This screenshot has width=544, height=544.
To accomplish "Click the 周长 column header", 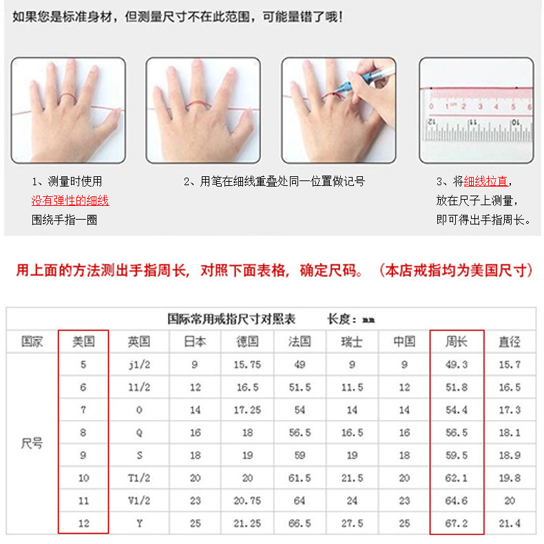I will [457, 342].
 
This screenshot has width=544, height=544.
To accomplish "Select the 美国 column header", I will [83, 342].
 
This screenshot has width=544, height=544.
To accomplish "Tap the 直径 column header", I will [510, 342].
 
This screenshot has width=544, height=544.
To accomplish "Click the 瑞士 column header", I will [352, 342].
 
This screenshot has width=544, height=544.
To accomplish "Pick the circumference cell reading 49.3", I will [457, 365].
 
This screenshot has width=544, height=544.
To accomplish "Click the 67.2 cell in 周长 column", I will [457, 523].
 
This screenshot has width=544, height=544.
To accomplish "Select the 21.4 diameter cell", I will [510, 523].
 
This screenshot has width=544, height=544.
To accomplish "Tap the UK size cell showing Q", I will [139, 433].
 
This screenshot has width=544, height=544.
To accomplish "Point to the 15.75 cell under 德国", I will [247, 365].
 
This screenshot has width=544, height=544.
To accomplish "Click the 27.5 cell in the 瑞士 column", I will [352, 523].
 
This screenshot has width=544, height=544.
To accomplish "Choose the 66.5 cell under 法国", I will [300, 523].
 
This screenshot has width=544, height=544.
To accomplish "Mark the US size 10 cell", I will [83, 478].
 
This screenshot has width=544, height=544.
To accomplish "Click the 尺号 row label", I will [32, 444].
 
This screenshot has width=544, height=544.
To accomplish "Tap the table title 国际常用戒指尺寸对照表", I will [231, 320].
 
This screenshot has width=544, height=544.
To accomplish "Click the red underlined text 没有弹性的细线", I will [70, 201].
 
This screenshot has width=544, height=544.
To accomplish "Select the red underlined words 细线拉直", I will [485, 182].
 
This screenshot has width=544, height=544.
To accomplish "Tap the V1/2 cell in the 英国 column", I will [139, 501].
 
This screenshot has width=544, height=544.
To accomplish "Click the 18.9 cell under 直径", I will [510, 455].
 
